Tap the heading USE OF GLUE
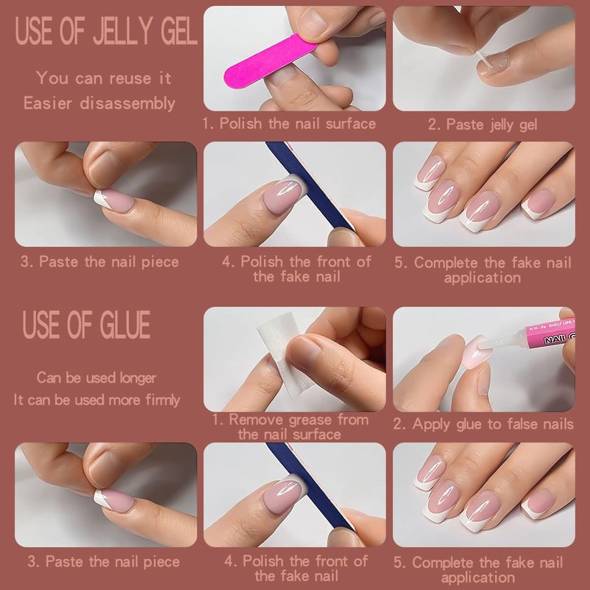[86, 325]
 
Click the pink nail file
[269, 61]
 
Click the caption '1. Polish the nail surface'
[289, 123]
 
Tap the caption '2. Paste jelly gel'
[482, 125]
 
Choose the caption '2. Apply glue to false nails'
[484, 424]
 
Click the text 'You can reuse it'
[104, 78]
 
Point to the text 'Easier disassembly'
[100, 103]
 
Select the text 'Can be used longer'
[97, 378]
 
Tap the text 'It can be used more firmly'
[97, 400]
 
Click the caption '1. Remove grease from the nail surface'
[290, 427]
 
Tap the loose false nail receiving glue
[476, 353]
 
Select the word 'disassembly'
[127, 103]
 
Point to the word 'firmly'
[162, 400]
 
